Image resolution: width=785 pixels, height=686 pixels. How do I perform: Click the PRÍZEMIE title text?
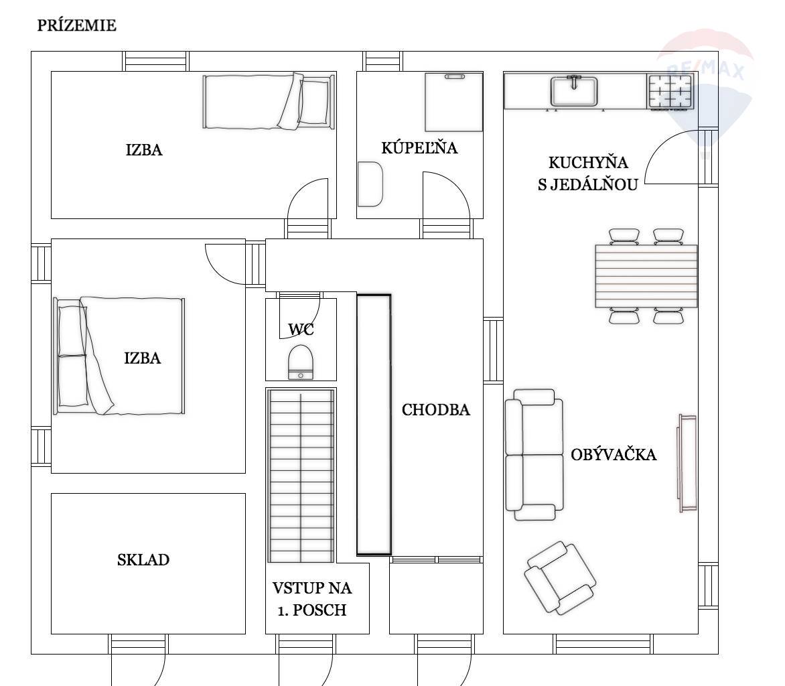76,25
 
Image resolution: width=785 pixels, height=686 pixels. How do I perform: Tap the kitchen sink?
574,90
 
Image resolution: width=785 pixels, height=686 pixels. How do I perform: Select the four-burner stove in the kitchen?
671,90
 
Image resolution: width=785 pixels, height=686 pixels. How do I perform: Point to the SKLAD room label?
143,559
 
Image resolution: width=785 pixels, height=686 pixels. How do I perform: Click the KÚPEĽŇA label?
419,147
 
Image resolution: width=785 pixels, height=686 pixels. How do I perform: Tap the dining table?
646,276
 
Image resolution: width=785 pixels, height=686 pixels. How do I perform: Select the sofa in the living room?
534,455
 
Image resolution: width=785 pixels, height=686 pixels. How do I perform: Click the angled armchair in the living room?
560,577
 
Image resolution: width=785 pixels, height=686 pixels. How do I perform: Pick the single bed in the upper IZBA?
269,102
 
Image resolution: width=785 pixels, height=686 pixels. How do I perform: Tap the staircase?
301,476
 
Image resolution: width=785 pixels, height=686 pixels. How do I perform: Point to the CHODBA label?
435,409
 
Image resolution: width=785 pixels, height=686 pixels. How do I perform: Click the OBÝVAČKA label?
614,454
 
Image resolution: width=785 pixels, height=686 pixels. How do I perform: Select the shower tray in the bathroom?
453,102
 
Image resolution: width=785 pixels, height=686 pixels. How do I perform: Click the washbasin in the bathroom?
370,184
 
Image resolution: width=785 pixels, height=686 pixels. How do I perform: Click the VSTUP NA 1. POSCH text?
312,598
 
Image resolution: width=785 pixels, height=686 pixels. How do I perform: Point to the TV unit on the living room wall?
687,463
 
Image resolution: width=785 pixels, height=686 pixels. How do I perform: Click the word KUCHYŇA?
588,162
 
